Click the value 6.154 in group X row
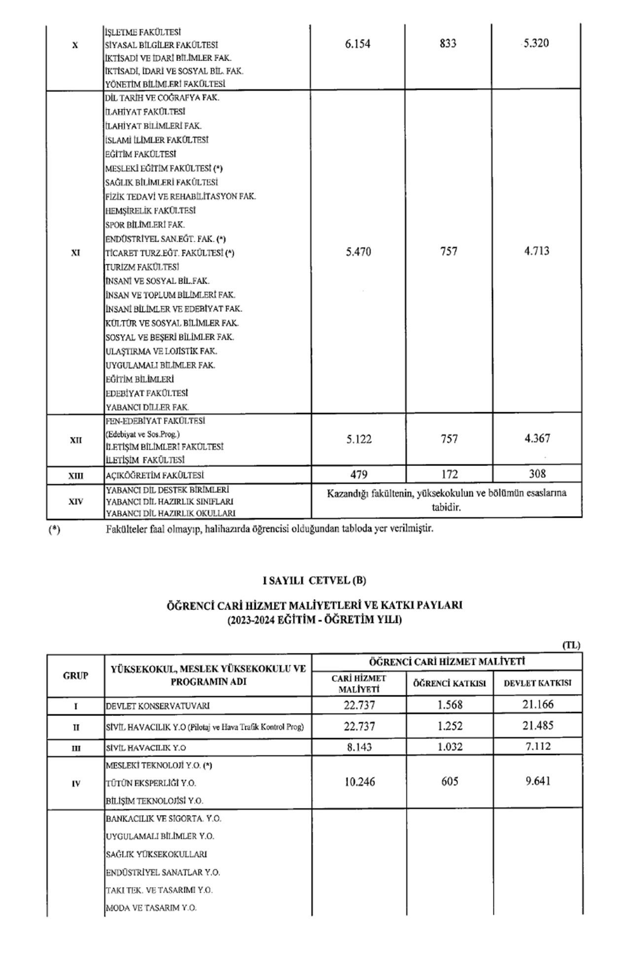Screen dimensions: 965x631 point(358,44)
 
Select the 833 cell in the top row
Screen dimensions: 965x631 point(448,43)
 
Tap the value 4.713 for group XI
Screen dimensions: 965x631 point(537,251)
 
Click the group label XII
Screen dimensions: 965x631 point(75,440)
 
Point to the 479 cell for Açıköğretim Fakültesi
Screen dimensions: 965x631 point(359,474)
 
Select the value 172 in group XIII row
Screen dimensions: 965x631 point(449,474)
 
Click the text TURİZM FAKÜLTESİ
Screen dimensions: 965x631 point(142,267)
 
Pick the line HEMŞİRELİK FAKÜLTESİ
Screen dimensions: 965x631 point(150,211)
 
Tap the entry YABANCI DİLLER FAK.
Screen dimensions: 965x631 point(147,407)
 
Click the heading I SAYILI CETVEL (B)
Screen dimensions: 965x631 point(315,580)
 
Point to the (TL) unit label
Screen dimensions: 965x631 point(571,645)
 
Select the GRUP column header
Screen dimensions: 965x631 point(75,676)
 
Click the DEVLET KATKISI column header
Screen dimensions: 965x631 point(537,683)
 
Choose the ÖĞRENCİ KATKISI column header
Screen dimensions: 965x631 point(450,683)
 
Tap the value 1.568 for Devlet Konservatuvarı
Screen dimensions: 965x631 point(450,705)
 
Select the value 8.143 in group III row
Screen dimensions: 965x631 point(359,747)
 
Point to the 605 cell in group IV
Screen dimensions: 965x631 point(450,782)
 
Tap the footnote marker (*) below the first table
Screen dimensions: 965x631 point(54,530)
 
